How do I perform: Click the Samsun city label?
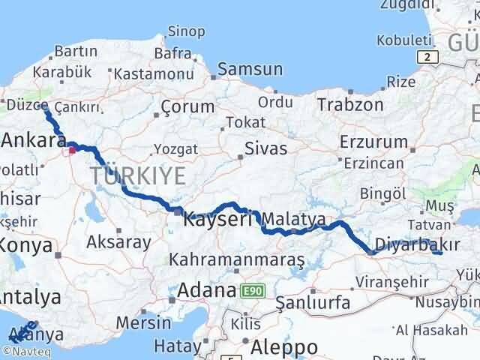[x=250, y=69]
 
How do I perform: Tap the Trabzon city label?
[x=349, y=103]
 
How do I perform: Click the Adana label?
[x=206, y=290]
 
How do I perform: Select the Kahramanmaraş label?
[x=238, y=260]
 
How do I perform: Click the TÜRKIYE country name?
[x=139, y=177]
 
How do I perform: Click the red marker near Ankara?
[x=73, y=150]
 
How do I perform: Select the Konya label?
[x=26, y=245]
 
